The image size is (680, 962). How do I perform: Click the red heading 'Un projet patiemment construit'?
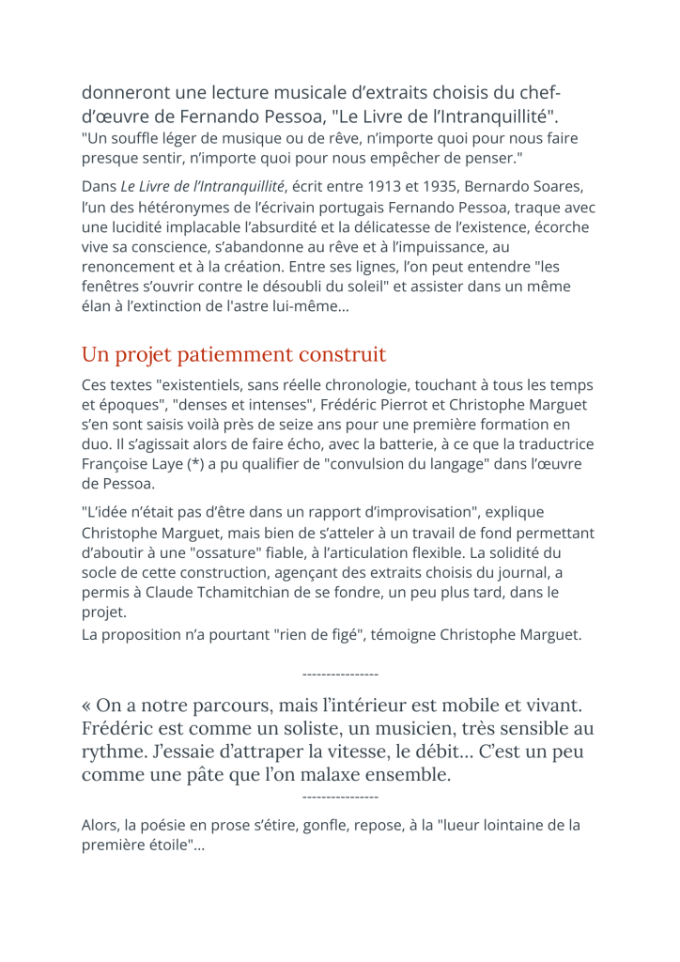tap(234, 355)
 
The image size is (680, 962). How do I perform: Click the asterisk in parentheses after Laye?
tap(200, 465)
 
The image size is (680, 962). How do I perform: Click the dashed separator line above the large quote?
tap(340, 675)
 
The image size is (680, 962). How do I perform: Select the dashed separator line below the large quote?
tap(340, 797)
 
